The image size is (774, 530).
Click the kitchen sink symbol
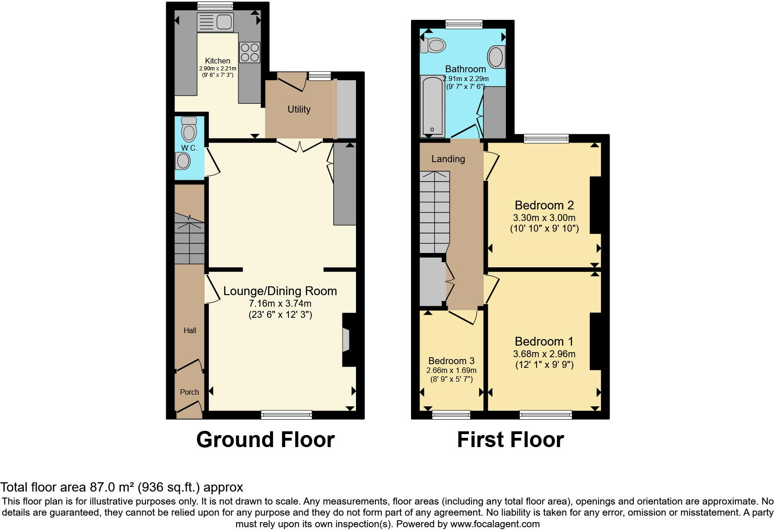(215, 22)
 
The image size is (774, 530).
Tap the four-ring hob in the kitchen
(250, 52)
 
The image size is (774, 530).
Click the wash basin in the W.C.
(183, 162)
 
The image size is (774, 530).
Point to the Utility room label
(299, 109)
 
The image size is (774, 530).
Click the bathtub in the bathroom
(432, 106)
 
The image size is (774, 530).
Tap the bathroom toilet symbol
(433, 45)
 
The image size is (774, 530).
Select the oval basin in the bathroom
(496, 57)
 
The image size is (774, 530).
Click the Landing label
(448, 159)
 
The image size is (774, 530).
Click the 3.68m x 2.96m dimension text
(544, 354)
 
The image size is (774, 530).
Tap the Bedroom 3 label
(451, 361)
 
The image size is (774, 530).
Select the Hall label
(190, 330)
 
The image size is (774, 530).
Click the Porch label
(189, 392)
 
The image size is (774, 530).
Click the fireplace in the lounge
(346, 341)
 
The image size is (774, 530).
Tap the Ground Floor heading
(265, 440)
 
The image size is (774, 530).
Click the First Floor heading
(510, 440)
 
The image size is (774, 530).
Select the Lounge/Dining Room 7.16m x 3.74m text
(280, 303)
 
